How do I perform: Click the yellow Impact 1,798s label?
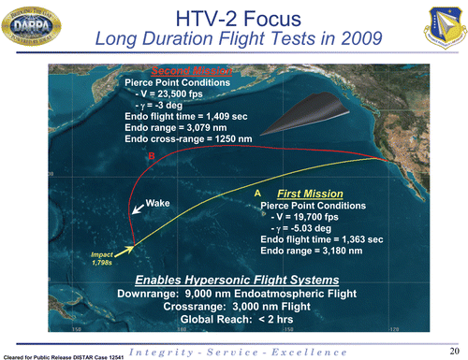(x=102, y=257)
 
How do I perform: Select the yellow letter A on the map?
(x=257, y=192)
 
